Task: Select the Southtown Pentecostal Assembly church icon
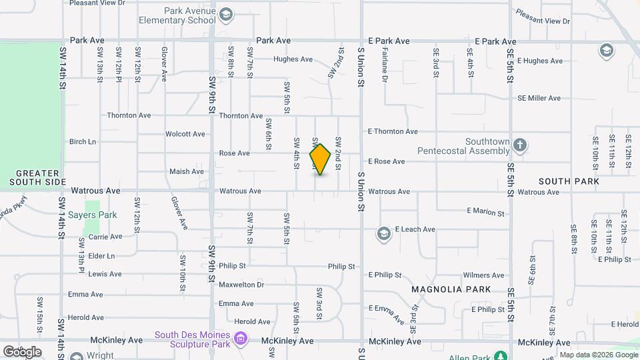(520, 145)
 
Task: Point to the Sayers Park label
(93, 215)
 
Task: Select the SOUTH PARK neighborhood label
(569, 181)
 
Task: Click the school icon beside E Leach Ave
(383, 233)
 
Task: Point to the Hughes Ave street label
(293, 59)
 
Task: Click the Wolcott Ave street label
(185, 134)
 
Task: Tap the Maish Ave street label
(187, 171)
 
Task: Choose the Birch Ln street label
(83, 141)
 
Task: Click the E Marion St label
(485, 212)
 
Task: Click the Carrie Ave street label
(105, 236)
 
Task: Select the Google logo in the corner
(22, 351)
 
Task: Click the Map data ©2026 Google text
(598, 355)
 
